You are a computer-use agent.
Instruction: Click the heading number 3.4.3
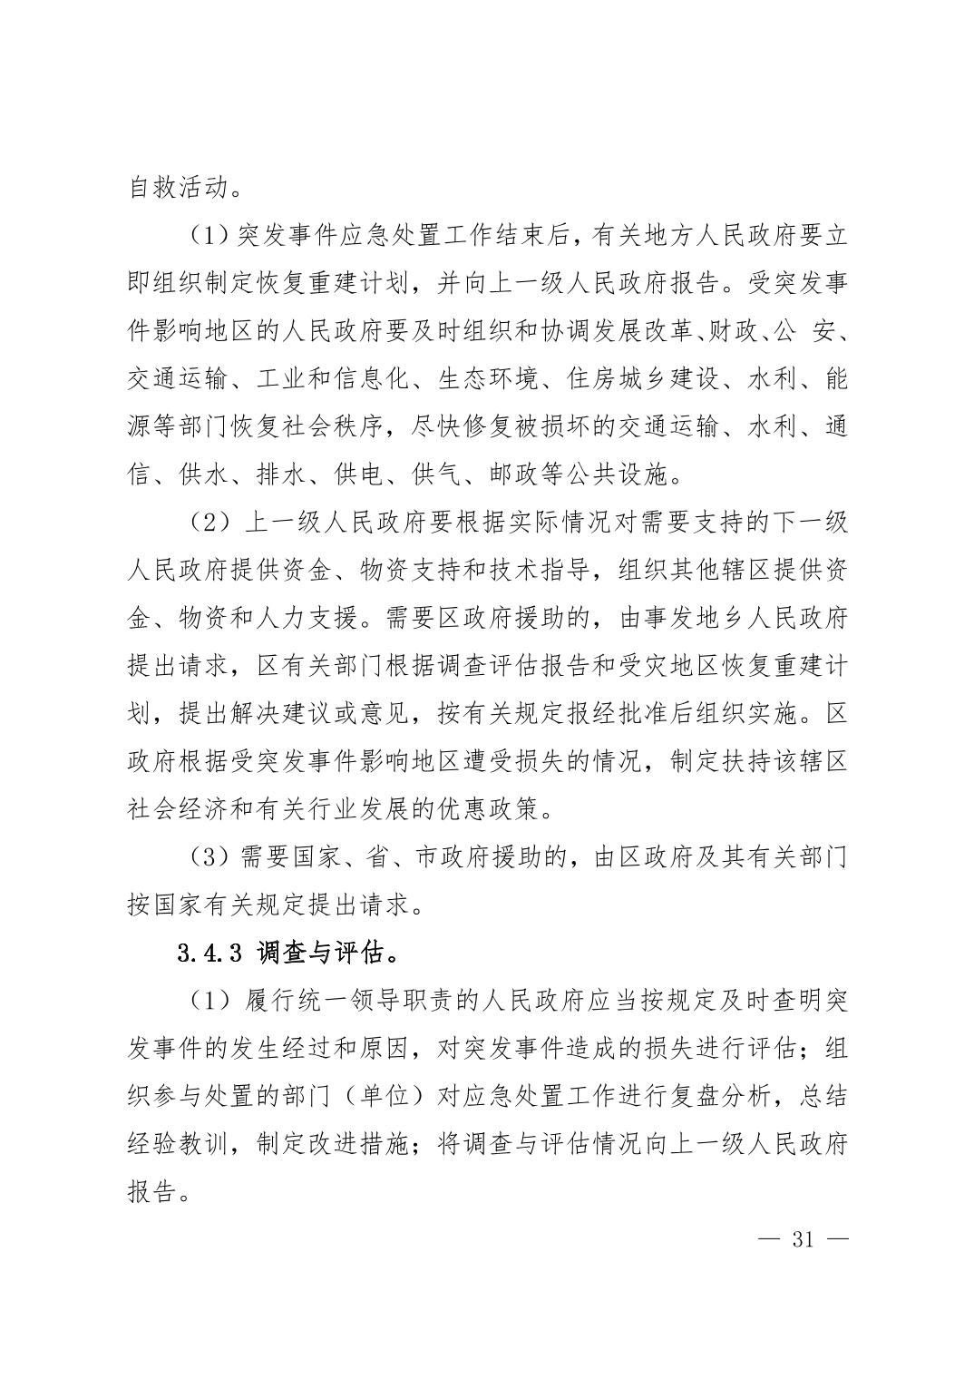[x=209, y=954]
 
